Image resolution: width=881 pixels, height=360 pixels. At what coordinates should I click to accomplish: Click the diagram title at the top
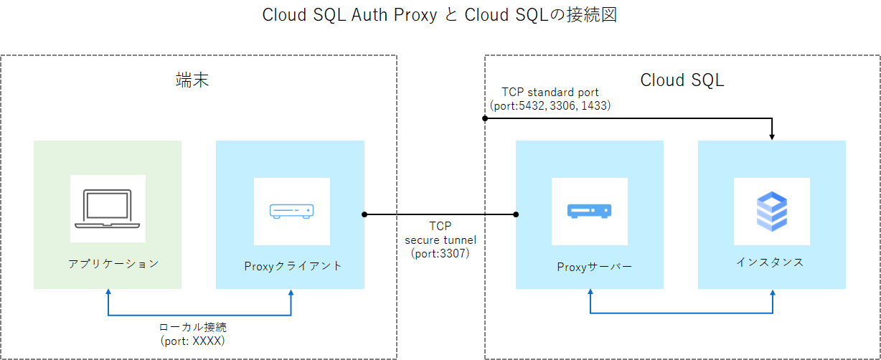point(440,16)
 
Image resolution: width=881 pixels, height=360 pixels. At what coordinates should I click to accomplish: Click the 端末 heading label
point(192,80)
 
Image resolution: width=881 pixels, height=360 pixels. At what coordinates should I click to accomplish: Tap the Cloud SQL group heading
point(682,80)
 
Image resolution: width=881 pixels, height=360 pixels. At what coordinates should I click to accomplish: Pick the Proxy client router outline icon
point(291,211)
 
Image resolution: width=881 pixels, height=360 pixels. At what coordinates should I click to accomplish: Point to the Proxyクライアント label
point(292,266)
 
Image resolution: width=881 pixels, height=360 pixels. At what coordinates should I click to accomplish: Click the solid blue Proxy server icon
point(589,211)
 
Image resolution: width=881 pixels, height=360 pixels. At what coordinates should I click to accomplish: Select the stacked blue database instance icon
point(772,211)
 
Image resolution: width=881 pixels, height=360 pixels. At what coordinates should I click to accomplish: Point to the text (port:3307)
point(440,252)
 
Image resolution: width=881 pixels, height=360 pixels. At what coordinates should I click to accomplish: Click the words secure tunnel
point(440,239)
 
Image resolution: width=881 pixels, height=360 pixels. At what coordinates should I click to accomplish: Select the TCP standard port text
point(550,93)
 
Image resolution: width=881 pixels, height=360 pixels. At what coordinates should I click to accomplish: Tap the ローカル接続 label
point(193,327)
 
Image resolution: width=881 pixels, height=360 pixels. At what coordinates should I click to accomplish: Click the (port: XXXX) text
point(193,341)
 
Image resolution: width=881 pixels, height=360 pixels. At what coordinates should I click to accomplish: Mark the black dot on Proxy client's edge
point(364,214)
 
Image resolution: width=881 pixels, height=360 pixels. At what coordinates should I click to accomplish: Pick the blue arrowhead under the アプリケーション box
point(108,293)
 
